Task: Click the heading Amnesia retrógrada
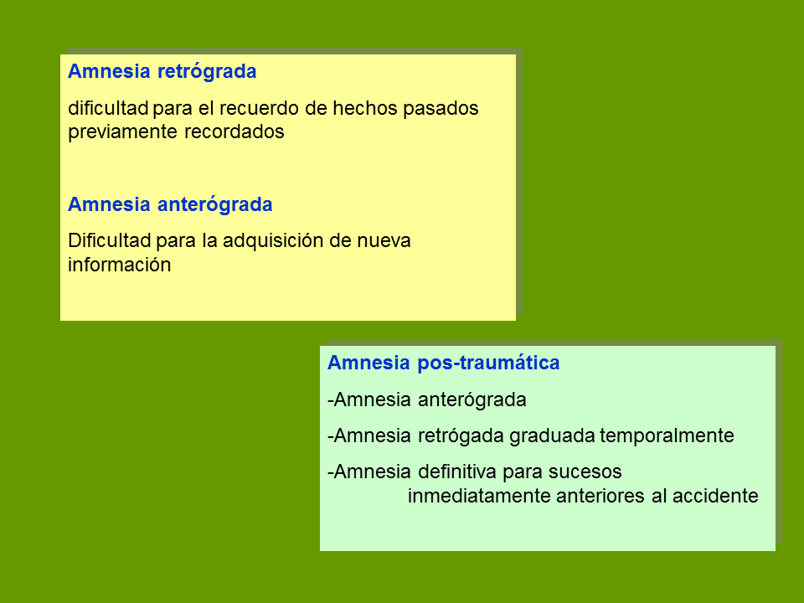(162, 72)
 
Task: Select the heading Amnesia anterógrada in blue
(170, 204)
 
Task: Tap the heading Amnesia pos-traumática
(444, 363)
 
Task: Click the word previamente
(123, 132)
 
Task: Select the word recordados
(234, 131)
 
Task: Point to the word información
(120, 265)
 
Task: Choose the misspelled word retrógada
(461, 436)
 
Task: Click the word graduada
(552, 436)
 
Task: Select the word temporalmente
(667, 436)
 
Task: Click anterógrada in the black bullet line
(472, 400)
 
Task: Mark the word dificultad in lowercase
(108, 108)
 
